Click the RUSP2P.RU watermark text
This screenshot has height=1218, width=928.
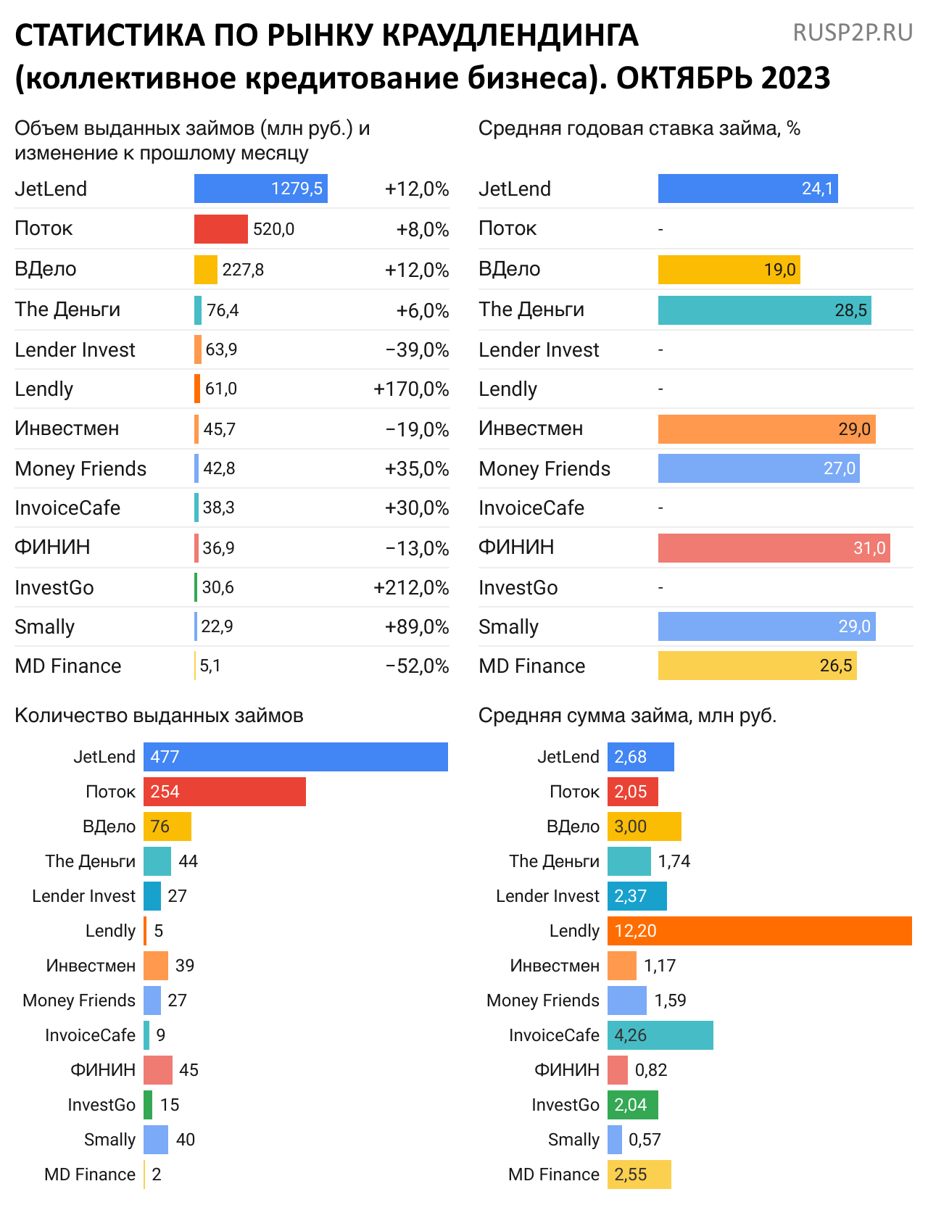click(x=853, y=33)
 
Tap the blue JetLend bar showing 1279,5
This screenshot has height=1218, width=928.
click(x=260, y=188)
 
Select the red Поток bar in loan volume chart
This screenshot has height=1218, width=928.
click(x=220, y=229)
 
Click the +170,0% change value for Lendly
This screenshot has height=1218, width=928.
click(x=411, y=389)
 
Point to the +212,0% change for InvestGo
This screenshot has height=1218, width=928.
click(x=411, y=588)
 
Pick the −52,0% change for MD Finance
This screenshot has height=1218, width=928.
click(x=417, y=666)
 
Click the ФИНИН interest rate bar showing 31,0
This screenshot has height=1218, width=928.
click(x=774, y=548)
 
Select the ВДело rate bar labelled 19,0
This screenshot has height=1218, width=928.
click(x=729, y=270)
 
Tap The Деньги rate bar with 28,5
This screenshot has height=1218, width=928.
click(x=764, y=310)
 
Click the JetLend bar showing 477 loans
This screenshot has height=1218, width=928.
click(x=295, y=757)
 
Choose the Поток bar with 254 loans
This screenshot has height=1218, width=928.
click(x=224, y=792)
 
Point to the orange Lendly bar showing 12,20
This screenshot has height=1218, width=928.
click(x=759, y=931)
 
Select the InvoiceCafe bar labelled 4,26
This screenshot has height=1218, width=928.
click(x=660, y=1035)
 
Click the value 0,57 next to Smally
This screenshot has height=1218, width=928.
click(x=645, y=1140)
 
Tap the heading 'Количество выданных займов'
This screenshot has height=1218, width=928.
click(x=159, y=716)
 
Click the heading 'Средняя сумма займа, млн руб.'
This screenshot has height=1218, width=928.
click(x=627, y=716)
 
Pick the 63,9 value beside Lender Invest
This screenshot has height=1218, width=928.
click(x=221, y=349)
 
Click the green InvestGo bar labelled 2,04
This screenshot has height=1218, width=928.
click(x=632, y=1105)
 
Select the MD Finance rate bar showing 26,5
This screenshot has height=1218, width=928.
click(x=757, y=666)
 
